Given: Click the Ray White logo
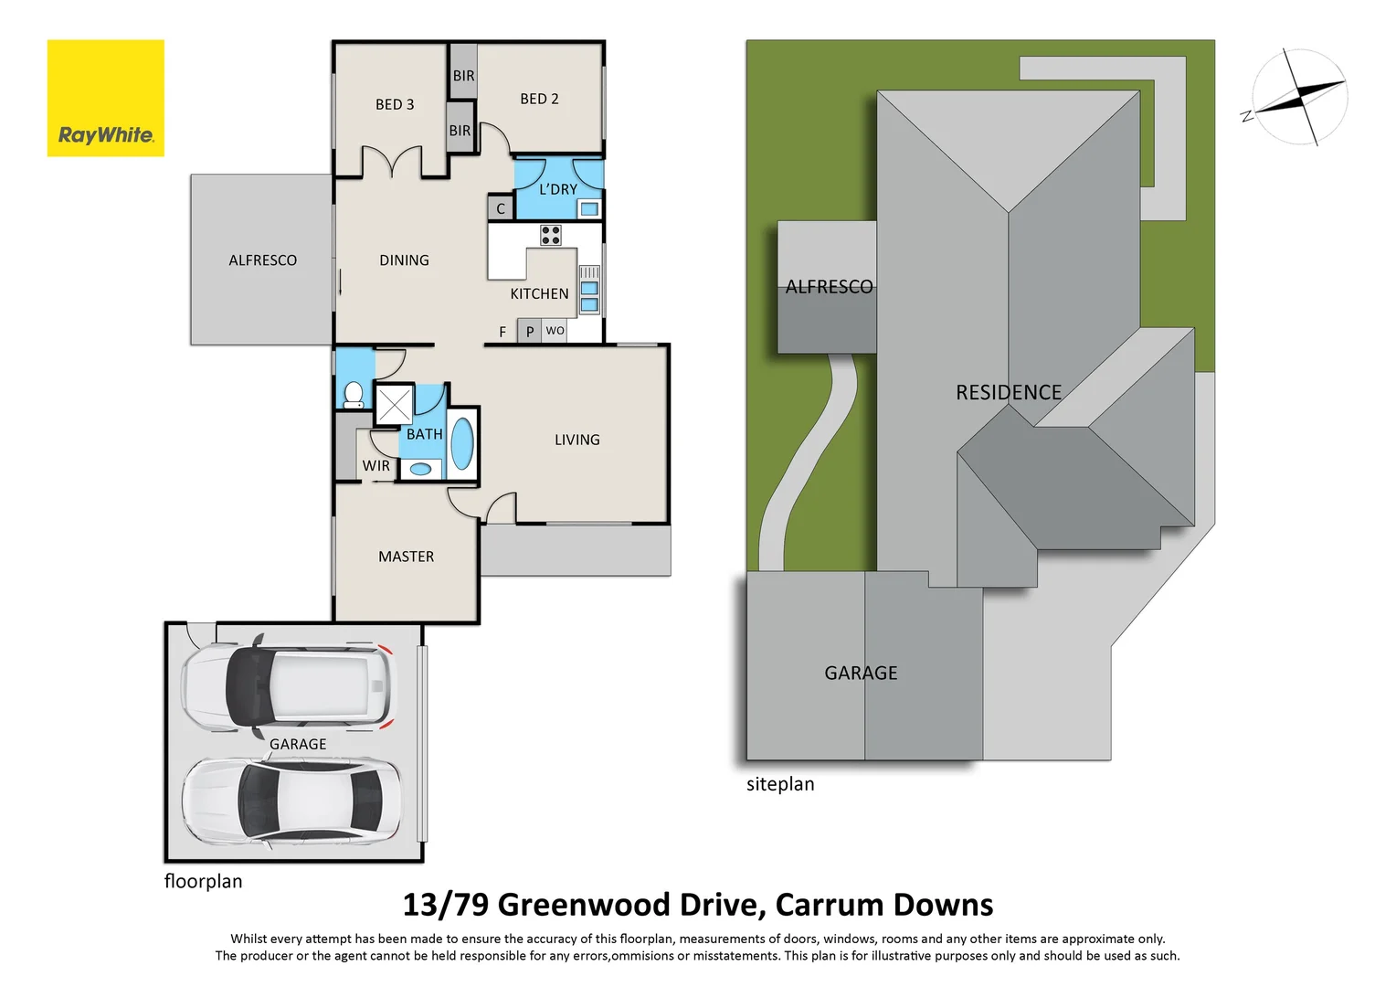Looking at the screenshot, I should click(105, 98).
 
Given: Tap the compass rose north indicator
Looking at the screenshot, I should click(1299, 97).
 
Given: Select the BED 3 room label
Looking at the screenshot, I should click(395, 104).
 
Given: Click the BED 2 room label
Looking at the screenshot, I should click(539, 99).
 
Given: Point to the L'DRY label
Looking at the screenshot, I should click(557, 189).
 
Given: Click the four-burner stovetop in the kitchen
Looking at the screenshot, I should click(550, 235).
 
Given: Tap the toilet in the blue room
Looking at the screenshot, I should click(354, 395).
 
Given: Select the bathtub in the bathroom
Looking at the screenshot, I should click(462, 443).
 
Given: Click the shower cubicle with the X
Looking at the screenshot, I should click(395, 405).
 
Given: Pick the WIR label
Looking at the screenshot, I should click(375, 466).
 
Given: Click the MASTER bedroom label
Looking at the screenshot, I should click(406, 557).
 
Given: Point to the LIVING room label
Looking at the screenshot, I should click(576, 440).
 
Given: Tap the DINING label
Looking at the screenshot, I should click(404, 260).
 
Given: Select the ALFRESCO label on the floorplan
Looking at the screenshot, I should click(262, 260).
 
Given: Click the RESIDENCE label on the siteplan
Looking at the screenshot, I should click(1008, 392).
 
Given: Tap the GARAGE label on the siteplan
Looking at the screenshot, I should click(861, 673).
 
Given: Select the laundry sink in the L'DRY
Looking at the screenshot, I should click(589, 209).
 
